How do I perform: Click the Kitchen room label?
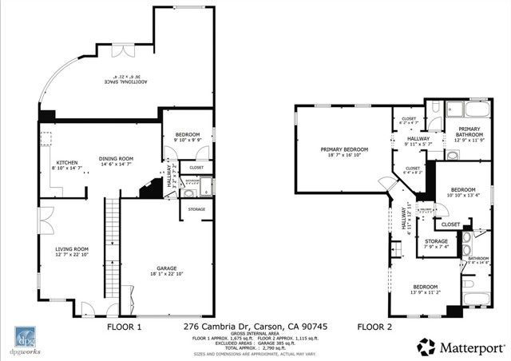point(66,164)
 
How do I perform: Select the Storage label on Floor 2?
point(436,241)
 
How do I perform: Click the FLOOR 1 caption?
point(124,327)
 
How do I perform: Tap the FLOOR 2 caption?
point(374,327)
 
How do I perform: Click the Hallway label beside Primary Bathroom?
point(418,139)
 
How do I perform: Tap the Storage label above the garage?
point(197,209)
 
